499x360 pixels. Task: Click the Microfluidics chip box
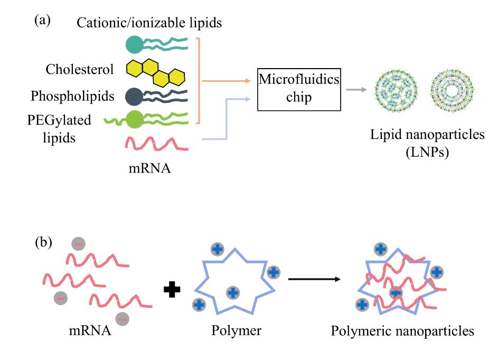click(x=298, y=89)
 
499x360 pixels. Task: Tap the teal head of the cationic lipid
click(x=134, y=45)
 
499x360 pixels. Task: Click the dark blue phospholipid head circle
click(x=134, y=97)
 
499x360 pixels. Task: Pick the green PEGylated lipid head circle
click(x=135, y=120)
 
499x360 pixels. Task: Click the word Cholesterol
click(x=80, y=70)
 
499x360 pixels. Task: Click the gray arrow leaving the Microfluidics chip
click(x=356, y=90)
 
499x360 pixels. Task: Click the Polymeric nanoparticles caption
click(x=402, y=331)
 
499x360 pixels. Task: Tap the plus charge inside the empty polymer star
click(x=232, y=292)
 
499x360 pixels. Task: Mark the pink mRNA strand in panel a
click(x=153, y=143)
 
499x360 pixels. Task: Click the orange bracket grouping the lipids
click(x=199, y=80)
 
